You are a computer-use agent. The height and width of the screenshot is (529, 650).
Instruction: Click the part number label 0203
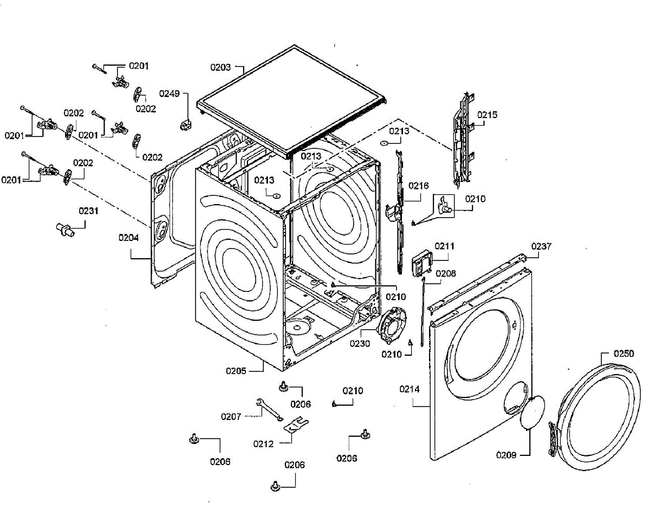tap(220, 67)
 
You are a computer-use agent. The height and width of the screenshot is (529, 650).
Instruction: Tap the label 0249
tap(170, 94)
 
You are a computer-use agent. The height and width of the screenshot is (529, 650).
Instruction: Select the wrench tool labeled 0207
tap(269, 410)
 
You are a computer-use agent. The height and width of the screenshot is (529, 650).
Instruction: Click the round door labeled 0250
tap(598, 416)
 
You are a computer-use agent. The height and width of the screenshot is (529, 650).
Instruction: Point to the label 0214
tap(409, 389)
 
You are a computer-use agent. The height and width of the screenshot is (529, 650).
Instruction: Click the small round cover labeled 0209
tap(532, 412)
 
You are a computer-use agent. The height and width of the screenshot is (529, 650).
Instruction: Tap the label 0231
tap(88, 211)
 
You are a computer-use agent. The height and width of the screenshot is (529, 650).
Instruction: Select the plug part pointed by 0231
tap(66, 230)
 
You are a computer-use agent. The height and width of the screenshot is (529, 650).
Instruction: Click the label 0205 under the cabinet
tap(236, 371)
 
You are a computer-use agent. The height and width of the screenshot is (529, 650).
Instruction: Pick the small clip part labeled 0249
tap(186, 125)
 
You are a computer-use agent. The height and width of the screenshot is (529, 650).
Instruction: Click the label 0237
tap(541, 246)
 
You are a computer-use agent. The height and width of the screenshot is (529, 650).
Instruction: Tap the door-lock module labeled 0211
tap(422, 263)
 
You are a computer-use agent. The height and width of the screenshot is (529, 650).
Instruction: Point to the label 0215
tap(487, 115)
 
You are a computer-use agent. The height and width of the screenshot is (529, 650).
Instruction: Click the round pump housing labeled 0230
tap(392, 326)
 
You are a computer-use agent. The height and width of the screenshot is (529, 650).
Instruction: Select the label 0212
tap(263, 444)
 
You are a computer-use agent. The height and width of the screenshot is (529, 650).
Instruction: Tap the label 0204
tap(128, 238)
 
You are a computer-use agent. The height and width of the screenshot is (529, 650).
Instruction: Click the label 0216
tap(418, 186)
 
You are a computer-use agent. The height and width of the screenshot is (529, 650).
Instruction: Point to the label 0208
tap(446, 273)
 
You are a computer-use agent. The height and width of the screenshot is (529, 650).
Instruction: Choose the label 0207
tap(231, 416)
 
